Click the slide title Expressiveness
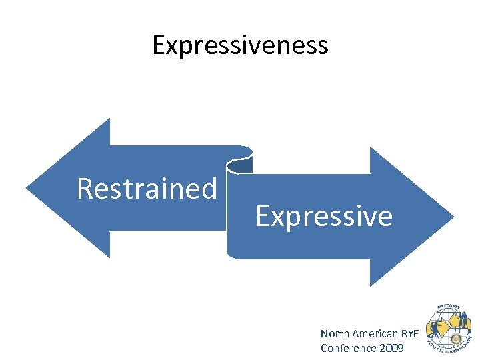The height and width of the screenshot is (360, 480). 240,45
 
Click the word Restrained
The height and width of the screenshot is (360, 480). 147,189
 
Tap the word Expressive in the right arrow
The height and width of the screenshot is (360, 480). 324,217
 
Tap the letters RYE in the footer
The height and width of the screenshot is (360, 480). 411,333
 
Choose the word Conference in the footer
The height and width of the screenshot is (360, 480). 348,347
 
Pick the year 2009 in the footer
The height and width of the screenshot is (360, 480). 391,347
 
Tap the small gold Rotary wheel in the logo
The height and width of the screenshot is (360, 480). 455,339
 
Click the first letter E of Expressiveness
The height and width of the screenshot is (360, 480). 159,45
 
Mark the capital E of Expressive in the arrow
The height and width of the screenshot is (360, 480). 262,217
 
